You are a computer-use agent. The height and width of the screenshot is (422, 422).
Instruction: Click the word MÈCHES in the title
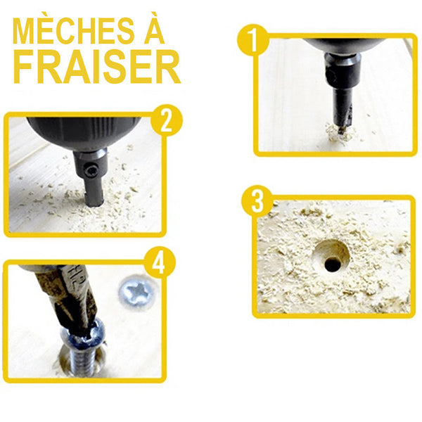tap(73, 30)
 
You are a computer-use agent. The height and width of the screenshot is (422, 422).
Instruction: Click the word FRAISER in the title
tap(96, 67)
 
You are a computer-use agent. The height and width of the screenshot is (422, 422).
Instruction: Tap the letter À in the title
tap(155, 27)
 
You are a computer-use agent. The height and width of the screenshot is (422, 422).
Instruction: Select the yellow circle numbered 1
tap(252, 40)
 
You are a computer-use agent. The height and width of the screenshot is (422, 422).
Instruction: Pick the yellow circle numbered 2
tap(167, 120)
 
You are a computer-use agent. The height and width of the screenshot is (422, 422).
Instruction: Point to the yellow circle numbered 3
tap(257, 201)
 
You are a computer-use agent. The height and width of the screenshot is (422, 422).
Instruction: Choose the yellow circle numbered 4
tap(160, 262)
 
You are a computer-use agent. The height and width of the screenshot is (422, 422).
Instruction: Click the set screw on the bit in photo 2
tap(89, 170)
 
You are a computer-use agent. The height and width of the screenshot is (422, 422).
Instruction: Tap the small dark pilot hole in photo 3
tap(333, 264)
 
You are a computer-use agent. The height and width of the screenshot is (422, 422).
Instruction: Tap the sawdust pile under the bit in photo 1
tap(340, 133)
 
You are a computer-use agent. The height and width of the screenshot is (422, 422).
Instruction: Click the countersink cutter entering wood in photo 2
tap(94, 194)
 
